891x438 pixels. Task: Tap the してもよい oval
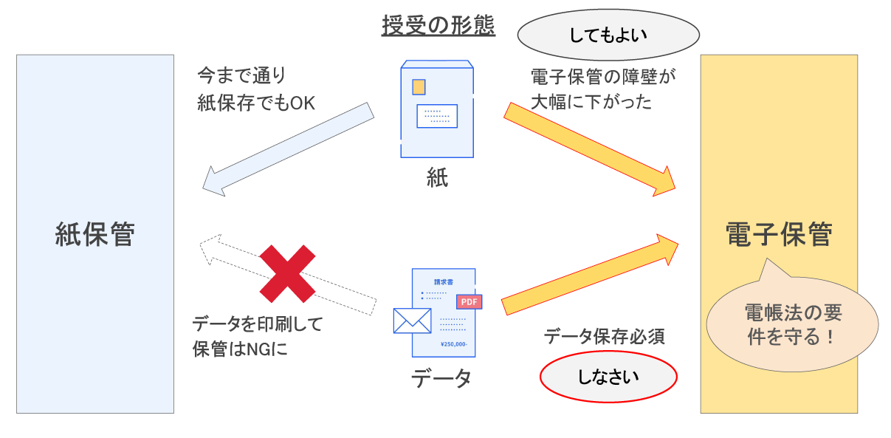(x=608, y=35)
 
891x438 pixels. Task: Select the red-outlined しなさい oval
(x=608, y=377)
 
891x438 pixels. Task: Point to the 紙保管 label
(x=95, y=234)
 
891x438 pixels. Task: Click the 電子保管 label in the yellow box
(x=778, y=234)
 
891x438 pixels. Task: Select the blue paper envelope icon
(x=436, y=109)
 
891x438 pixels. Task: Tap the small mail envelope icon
(x=412, y=321)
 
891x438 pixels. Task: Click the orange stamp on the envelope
(x=419, y=87)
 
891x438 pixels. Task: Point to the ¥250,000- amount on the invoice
(x=453, y=344)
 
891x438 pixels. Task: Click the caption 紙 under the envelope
(x=437, y=177)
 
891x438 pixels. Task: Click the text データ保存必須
(x=605, y=337)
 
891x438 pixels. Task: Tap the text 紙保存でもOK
(x=256, y=103)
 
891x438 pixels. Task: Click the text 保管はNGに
(x=240, y=349)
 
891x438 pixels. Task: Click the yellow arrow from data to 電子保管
(x=589, y=274)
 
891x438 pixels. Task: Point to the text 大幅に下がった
(x=591, y=102)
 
